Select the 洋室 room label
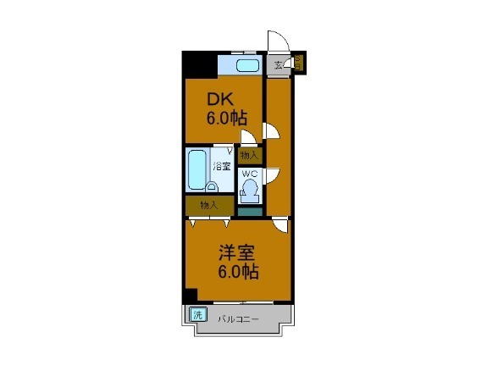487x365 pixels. click(x=238, y=252)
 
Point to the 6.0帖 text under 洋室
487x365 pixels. click(x=238, y=272)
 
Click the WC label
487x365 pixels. click(x=250, y=174)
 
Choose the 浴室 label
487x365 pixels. click(x=222, y=166)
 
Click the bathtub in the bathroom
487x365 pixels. click(x=196, y=170)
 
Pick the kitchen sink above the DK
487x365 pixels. click(x=246, y=66)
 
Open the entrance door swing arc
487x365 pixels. click(x=277, y=41)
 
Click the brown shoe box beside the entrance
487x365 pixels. click(x=298, y=63)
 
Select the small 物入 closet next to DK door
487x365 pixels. click(x=249, y=155)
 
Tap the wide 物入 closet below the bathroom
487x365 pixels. click(x=209, y=206)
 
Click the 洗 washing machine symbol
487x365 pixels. click(x=197, y=314)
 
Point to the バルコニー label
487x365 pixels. click(x=237, y=319)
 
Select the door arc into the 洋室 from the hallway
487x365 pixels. click(x=280, y=225)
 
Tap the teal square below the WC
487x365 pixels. click(x=249, y=212)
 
